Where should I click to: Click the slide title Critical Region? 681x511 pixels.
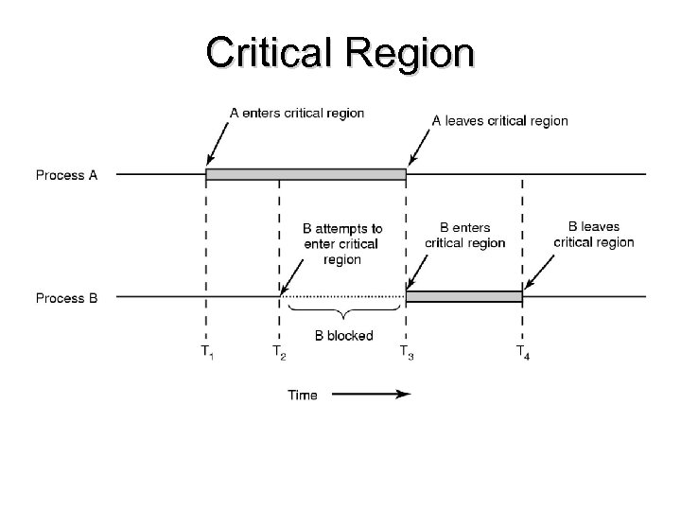[340, 53]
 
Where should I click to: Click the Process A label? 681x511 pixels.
[67, 174]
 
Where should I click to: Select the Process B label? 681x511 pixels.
[67, 298]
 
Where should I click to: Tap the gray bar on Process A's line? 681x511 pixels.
[306, 174]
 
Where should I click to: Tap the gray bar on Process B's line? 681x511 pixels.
[463, 297]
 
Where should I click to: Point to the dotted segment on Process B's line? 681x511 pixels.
[342, 297]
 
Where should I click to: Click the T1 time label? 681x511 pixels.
[206, 352]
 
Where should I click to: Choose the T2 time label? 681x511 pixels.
[279, 352]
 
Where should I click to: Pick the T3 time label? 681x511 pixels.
[406, 352]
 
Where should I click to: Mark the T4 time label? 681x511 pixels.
[522, 352]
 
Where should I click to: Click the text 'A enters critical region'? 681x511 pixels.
[297, 113]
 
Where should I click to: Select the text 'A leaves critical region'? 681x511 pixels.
[499, 120]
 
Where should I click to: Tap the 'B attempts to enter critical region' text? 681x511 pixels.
[342, 244]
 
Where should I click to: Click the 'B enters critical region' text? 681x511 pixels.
[464, 236]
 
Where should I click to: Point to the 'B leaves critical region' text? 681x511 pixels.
[594, 235]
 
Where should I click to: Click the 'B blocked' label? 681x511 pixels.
[343, 335]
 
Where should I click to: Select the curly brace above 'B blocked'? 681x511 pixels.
[342, 314]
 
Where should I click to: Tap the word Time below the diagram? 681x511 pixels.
[303, 395]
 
